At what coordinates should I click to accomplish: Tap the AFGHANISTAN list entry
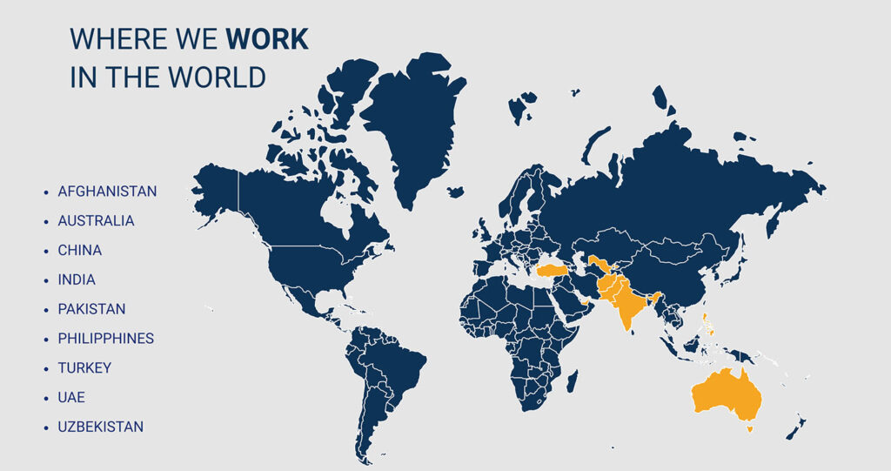(107, 192)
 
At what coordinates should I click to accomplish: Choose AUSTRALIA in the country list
(96, 221)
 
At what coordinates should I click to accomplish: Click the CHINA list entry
(79, 251)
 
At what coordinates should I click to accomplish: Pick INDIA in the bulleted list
(77, 280)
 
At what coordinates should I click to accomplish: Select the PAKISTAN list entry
(91, 309)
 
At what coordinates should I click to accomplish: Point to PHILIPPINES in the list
(105, 339)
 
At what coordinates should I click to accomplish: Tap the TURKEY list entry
(84, 368)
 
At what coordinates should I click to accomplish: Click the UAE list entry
(72, 398)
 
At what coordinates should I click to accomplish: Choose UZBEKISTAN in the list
(100, 427)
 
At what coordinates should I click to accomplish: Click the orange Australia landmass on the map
(727, 396)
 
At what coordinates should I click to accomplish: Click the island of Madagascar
(572, 380)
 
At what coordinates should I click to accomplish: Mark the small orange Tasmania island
(750, 428)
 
